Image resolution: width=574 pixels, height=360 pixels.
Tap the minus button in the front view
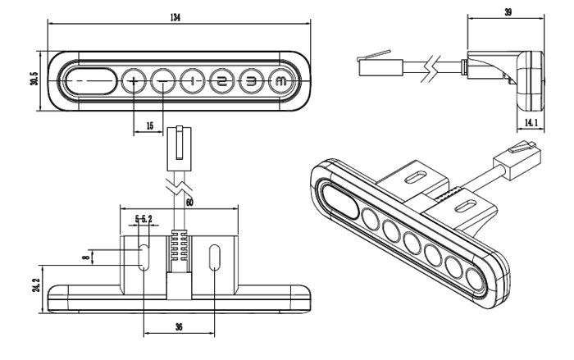tap(163, 81)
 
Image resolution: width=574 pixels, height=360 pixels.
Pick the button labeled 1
tap(192, 81)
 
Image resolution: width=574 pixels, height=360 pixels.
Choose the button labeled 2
tap(221, 81)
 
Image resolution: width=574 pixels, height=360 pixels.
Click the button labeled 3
tap(251, 81)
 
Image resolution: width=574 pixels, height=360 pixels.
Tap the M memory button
tap(280, 81)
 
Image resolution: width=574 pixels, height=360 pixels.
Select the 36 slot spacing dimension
tap(179, 326)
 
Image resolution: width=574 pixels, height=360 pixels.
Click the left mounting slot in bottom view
tap(143, 257)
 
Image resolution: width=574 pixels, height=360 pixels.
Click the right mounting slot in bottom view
tap(215, 257)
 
